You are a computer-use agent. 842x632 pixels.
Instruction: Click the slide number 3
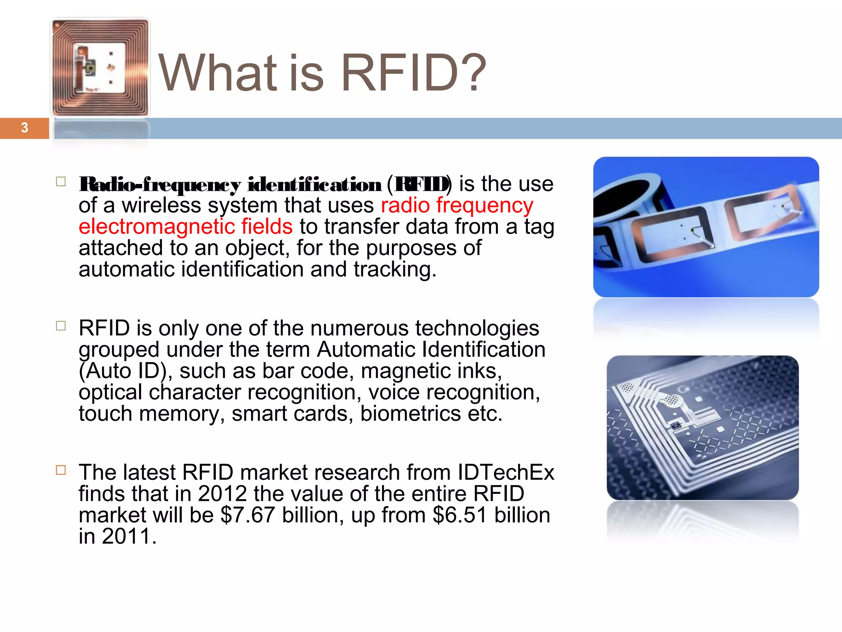click(24, 128)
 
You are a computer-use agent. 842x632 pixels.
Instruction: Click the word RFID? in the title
click(413, 73)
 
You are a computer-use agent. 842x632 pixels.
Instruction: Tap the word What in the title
click(218, 73)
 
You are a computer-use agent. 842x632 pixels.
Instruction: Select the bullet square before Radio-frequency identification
click(61, 182)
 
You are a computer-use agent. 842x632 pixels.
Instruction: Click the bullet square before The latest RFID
click(61, 470)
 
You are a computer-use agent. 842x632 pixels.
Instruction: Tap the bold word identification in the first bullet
click(314, 185)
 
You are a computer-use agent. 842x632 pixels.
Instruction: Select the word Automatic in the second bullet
click(366, 350)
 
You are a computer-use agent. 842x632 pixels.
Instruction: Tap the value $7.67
click(248, 515)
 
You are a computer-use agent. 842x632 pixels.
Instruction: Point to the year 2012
click(222, 494)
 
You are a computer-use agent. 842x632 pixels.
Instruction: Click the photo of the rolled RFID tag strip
click(706, 227)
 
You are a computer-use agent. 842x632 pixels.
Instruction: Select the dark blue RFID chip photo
click(702, 428)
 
